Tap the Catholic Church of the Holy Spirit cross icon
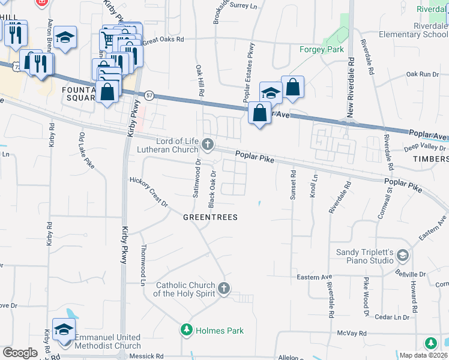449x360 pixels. (x=224, y=289)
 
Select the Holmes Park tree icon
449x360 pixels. (x=187, y=329)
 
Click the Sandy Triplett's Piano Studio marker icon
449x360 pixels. (x=403, y=257)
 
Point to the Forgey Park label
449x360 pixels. (x=322, y=49)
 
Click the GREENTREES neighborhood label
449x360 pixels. (x=210, y=217)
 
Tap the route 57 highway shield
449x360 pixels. (x=148, y=95)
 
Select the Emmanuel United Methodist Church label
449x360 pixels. (x=108, y=341)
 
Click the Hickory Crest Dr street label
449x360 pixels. (x=149, y=191)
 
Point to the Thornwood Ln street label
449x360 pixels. (x=143, y=265)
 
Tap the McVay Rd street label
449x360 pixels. (x=351, y=332)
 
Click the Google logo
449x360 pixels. (x=20, y=353)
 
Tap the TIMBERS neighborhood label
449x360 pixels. (x=430, y=159)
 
